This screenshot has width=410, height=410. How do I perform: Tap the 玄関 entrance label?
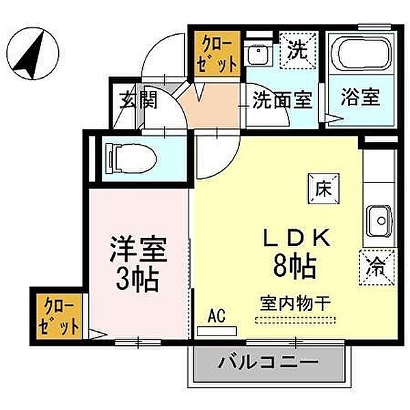click(140, 100)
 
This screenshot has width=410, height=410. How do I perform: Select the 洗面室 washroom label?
click(282, 100)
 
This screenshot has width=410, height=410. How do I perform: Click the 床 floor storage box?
click(323, 186)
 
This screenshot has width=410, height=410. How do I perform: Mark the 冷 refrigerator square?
click(375, 265)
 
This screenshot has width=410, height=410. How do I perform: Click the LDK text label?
click(298, 237)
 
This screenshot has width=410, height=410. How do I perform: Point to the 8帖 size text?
click(295, 265)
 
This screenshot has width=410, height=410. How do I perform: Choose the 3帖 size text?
click(138, 278)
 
